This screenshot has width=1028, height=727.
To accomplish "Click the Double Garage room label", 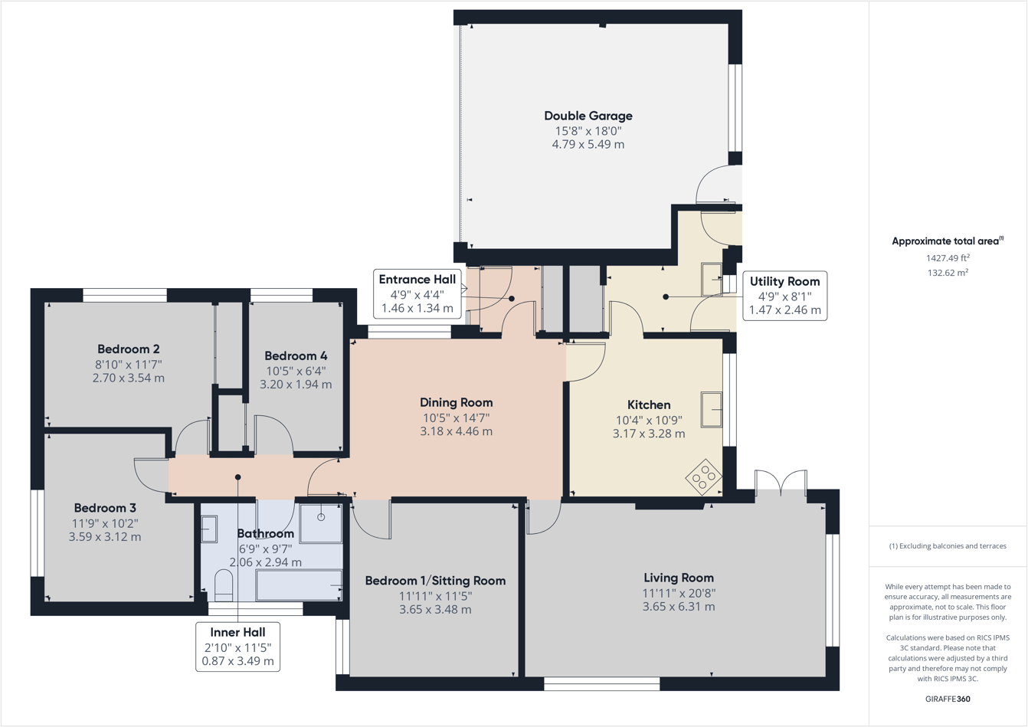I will pyautogui.click(x=588, y=116).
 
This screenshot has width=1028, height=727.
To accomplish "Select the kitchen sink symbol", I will pyautogui.click(x=712, y=409).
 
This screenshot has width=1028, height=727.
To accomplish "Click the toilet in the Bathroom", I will pyautogui.click(x=224, y=585).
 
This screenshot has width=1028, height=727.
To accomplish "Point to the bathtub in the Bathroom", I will pyautogui.click(x=299, y=586).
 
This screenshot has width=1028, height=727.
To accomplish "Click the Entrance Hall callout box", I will pyautogui.click(x=417, y=294).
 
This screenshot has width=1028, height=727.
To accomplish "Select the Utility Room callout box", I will pyautogui.click(x=784, y=296).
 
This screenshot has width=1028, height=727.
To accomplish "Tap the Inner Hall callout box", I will pyautogui.click(x=237, y=647).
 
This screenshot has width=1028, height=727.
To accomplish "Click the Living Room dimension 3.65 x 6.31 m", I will pyautogui.click(x=679, y=607).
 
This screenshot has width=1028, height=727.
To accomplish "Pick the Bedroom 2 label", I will pyautogui.click(x=129, y=349).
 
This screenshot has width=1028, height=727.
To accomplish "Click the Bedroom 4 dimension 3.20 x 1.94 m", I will pyautogui.click(x=296, y=385).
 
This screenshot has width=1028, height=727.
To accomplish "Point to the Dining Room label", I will pyautogui.click(x=456, y=402).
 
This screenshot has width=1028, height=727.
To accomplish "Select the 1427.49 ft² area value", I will pyautogui.click(x=948, y=258).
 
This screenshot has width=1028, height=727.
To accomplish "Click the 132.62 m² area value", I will pyautogui.click(x=948, y=273).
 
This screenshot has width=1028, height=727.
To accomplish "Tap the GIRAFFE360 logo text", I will pyautogui.click(x=948, y=699).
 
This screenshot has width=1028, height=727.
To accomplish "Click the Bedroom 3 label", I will pyautogui.click(x=105, y=508).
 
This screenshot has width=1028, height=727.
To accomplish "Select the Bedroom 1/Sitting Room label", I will pyautogui.click(x=435, y=581).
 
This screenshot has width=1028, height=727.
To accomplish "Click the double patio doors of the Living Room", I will pyautogui.click(x=781, y=483).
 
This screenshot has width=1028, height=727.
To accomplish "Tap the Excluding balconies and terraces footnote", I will pyautogui.click(x=948, y=546).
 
